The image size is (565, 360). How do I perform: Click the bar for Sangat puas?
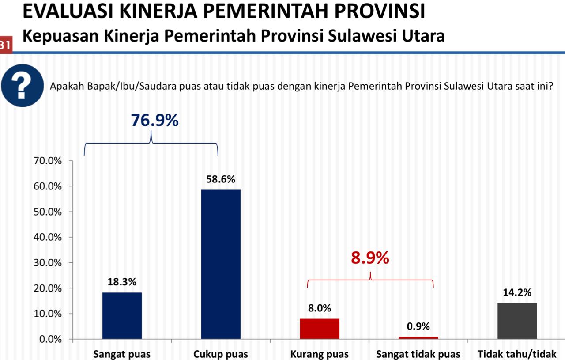pos(122,315)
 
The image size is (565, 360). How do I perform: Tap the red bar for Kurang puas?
pos(320,329)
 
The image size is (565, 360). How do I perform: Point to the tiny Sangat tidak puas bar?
pos(418,338)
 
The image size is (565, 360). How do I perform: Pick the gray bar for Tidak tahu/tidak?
pos(517,321)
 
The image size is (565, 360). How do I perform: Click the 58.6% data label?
pos(221,179)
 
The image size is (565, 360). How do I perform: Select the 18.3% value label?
pos(122,282)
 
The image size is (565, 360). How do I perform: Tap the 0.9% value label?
pos(418,326)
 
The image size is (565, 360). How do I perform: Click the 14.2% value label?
pos(517,292)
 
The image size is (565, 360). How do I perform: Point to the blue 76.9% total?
pos(154,120)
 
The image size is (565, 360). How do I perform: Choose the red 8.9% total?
pos(370,258)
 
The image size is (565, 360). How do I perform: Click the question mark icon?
pos(22,86)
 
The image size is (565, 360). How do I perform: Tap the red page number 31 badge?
pos(6,44)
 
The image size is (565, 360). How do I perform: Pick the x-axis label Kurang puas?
pos(320,354)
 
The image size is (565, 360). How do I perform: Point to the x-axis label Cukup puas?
pos(221,354)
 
